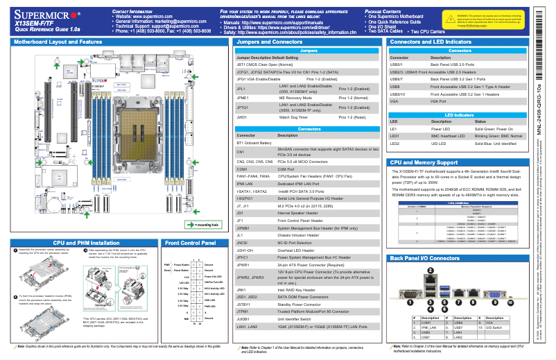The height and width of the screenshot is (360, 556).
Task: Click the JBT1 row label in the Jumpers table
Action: point(242,63)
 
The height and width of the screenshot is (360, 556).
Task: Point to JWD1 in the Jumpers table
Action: point(242,117)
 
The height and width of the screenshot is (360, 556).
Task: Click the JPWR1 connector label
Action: point(243,265)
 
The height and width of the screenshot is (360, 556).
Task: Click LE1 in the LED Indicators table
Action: point(394,129)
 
